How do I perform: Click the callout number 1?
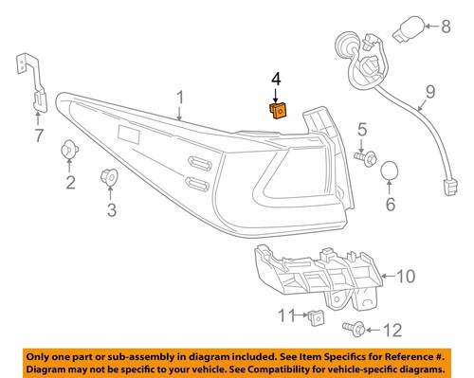(180, 98)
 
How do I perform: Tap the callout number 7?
(38, 136)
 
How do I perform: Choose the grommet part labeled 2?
(70, 150)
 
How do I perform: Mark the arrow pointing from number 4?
(276, 93)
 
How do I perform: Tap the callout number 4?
(276, 77)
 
